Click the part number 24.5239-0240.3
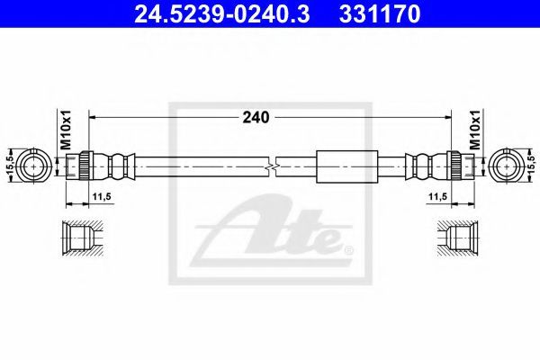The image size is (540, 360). point(221,14)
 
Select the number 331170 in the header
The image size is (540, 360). point(380,14)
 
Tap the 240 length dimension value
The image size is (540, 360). point(256,118)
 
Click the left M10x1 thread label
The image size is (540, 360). point(66,130)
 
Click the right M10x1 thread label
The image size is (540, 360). point(475,130)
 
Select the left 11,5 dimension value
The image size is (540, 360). point(101,197)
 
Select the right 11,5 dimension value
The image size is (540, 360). point(438,197)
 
